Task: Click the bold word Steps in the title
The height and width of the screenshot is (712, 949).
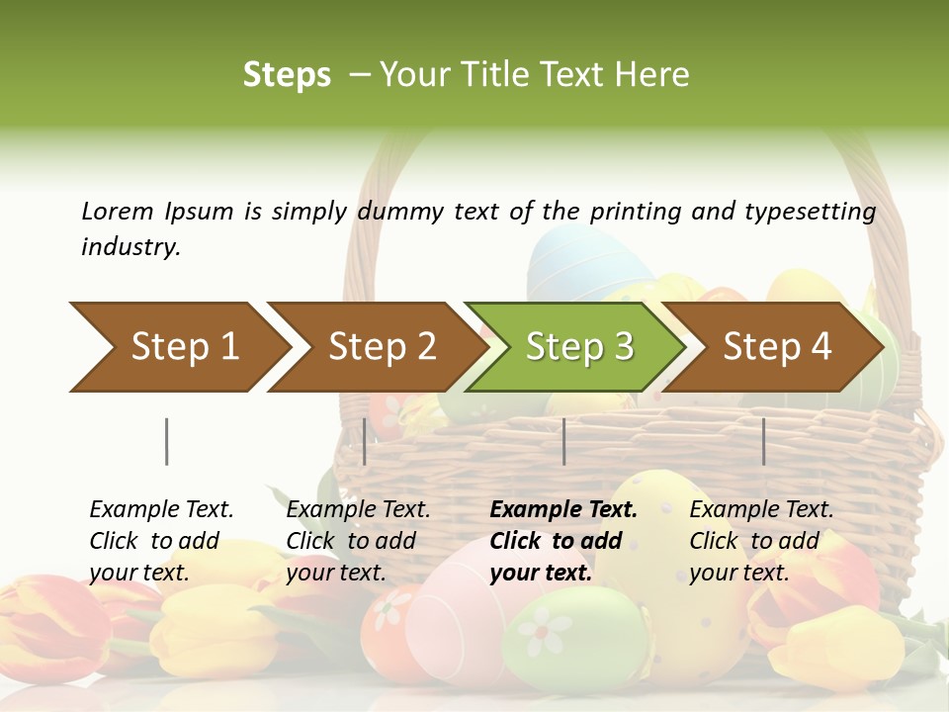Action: tap(287, 74)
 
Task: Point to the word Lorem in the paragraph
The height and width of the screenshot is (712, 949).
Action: tap(118, 211)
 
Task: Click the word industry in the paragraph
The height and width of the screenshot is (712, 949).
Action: tap(129, 246)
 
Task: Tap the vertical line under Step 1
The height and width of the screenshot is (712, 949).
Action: tap(166, 441)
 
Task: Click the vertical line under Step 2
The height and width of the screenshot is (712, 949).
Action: tap(365, 441)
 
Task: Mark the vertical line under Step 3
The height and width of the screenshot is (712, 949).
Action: tap(563, 441)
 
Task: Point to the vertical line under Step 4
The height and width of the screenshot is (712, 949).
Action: tap(763, 441)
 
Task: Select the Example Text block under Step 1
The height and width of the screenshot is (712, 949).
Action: tap(161, 541)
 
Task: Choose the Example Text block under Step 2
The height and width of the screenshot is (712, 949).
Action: tap(358, 541)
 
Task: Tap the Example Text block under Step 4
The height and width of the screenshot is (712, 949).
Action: tap(761, 541)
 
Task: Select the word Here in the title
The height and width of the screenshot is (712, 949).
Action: tap(654, 74)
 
